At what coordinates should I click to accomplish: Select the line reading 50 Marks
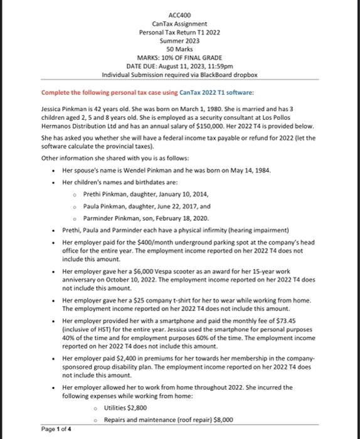[179, 49]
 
